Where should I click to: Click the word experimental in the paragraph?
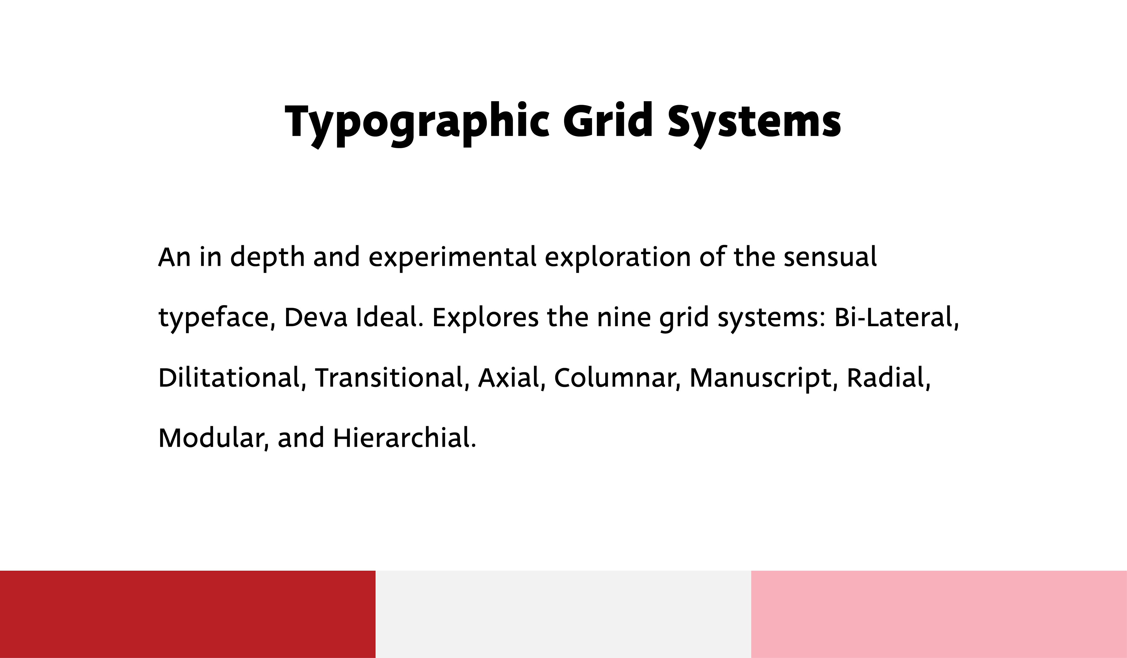(x=452, y=258)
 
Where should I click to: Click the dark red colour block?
(x=188, y=614)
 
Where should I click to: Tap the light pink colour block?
(x=939, y=614)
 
